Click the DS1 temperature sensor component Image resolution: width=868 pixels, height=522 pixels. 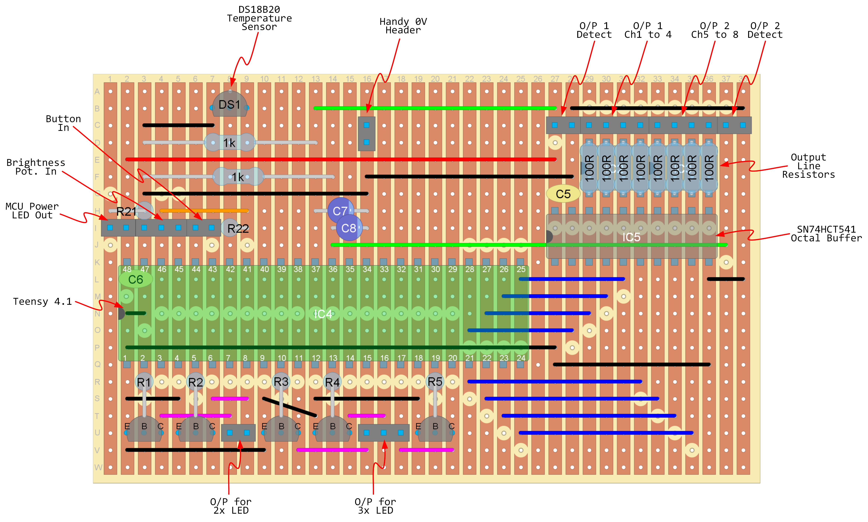[x=230, y=105]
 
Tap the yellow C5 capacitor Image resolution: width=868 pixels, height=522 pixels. [x=563, y=194]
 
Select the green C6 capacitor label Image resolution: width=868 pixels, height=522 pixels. [x=135, y=280]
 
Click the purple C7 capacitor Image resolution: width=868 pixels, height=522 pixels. [x=340, y=211]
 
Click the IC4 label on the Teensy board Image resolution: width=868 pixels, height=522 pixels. [x=323, y=314]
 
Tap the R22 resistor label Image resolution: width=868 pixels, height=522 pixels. [x=238, y=229]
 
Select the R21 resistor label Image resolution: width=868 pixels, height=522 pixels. [x=126, y=211]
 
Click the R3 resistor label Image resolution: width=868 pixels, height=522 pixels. [x=281, y=382]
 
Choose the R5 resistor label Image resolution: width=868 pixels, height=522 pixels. [x=435, y=382]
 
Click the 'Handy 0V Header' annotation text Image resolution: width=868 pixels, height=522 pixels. [x=403, y=26]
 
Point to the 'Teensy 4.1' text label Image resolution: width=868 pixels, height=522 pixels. [x=42, y=301]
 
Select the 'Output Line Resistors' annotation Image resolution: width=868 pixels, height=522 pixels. [x=808, y=166]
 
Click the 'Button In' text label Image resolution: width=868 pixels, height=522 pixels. [x=63, y=123]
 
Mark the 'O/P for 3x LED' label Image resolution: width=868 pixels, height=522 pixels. [x=375, y=506]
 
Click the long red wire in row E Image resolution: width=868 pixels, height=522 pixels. [x=341, y=159]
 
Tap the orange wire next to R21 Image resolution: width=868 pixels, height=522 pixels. [x=204, y=211]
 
